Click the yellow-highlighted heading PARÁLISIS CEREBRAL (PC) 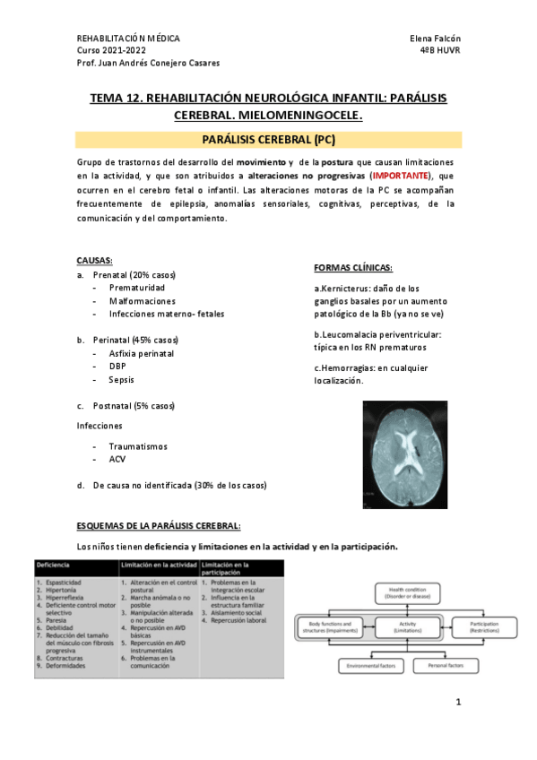[268, 140]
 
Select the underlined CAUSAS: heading [94, 260]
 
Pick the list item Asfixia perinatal [141, 354]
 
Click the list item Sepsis [121, 380]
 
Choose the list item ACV [117, 459]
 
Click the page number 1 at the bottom [457, 702]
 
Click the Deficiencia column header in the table [54, 566]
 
